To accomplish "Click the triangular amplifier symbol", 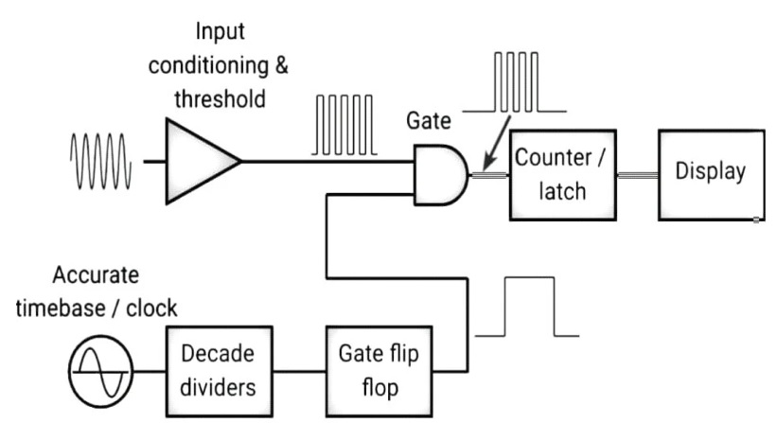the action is coord(198,161).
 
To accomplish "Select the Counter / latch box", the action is coord(563,175).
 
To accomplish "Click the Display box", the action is coord(711,175).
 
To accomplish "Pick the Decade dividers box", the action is coord(219,371).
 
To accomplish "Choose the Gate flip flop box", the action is coord(380,371).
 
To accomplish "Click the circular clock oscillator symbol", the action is coord(101,371).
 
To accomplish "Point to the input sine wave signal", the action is coord(101,162).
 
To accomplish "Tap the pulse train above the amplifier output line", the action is coord(344,125).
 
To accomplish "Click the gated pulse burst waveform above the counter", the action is coord(515,81).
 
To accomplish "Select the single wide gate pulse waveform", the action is coord(527,307).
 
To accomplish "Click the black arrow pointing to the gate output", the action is coord(497,143).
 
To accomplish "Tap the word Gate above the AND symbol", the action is coord(429,121).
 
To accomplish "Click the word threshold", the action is coord(220,98).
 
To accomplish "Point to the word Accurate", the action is coord(96,274).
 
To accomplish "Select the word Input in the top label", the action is coord(220,31).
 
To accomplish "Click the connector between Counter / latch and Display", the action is coord(638,175).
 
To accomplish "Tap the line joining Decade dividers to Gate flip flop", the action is coord(299,371).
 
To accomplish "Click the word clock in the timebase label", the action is coord(151,308).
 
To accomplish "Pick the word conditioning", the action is coord(208,66).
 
